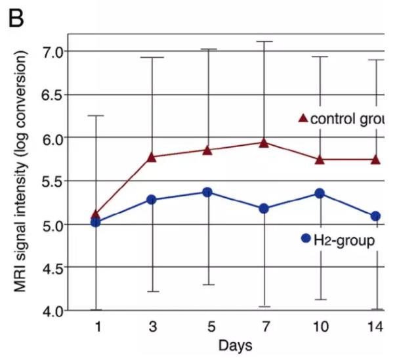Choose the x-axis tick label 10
[320, 327]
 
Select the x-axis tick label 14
[375, 327]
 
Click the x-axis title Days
[236, 345]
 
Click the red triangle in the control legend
[303, 119]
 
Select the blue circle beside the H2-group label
[305, 239]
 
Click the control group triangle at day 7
[264, 142]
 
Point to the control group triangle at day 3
[152, 157]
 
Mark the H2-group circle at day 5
[207, 192]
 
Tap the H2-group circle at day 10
[320, 193]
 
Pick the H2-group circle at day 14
[375, 216]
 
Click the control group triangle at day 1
[96, 214]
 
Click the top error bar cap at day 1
[96, 116]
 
